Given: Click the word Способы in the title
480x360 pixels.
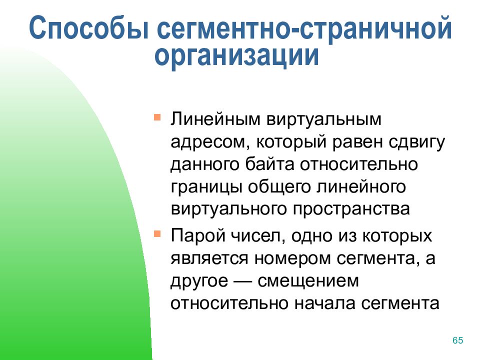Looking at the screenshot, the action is tap(89, 28).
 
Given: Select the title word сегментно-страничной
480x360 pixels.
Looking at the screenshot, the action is tap(304, 28).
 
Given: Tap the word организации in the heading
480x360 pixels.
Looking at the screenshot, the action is tap(236, 56).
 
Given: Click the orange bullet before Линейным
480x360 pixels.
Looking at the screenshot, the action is tap(157, 117).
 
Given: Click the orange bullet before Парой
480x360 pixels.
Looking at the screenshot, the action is tap(157, 234).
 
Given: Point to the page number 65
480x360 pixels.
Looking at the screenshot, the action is tap(457, 340).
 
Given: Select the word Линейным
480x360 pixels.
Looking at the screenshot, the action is tap(215, 119).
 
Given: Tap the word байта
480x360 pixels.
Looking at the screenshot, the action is tap(269, 164).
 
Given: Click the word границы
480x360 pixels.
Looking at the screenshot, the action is tap(206, 187).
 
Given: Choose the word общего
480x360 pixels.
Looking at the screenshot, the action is tap(279, 186).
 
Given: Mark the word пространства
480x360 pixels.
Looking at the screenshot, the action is tap(351, 209).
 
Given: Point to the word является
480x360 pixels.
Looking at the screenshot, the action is tap(209, 258).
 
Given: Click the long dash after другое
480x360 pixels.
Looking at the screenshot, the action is tap(243, 280).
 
